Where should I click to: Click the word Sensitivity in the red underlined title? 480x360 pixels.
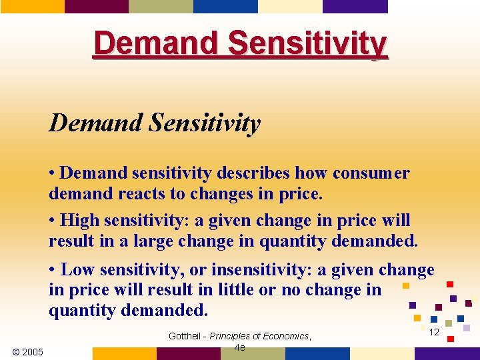[307, 44]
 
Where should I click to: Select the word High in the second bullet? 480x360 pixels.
[79, 220]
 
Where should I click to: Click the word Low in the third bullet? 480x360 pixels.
[77, 270]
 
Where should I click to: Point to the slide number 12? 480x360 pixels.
[434, 332]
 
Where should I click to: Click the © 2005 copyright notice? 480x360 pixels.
[28, 351]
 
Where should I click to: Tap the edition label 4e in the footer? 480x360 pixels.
[240, 347]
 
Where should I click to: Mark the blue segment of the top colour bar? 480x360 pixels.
[225, 6]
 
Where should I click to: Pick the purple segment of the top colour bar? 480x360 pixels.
[355, 6]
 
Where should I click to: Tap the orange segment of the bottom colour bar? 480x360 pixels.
[124, 354]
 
